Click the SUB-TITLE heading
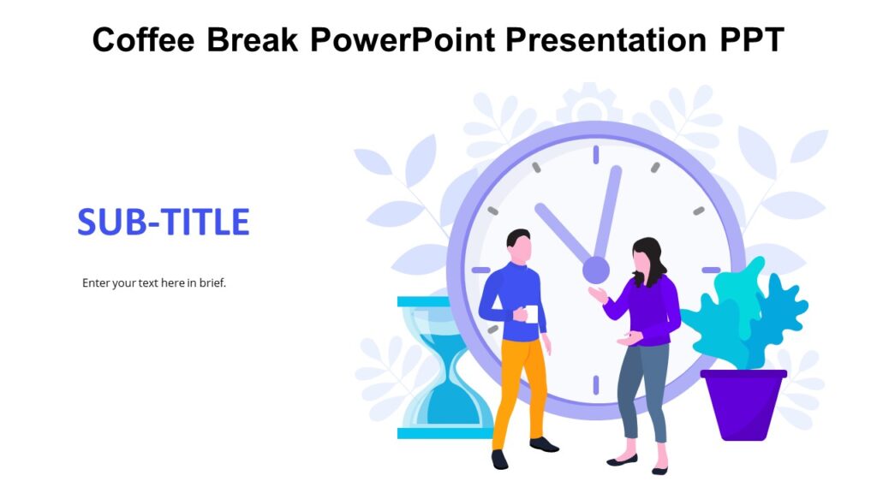(164, 223)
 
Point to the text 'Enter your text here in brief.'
(154, 282)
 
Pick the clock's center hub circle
(595, 270)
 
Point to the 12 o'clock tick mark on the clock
(595, 155)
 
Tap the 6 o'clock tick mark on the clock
(595, 385)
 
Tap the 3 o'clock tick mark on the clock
(711, 270)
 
